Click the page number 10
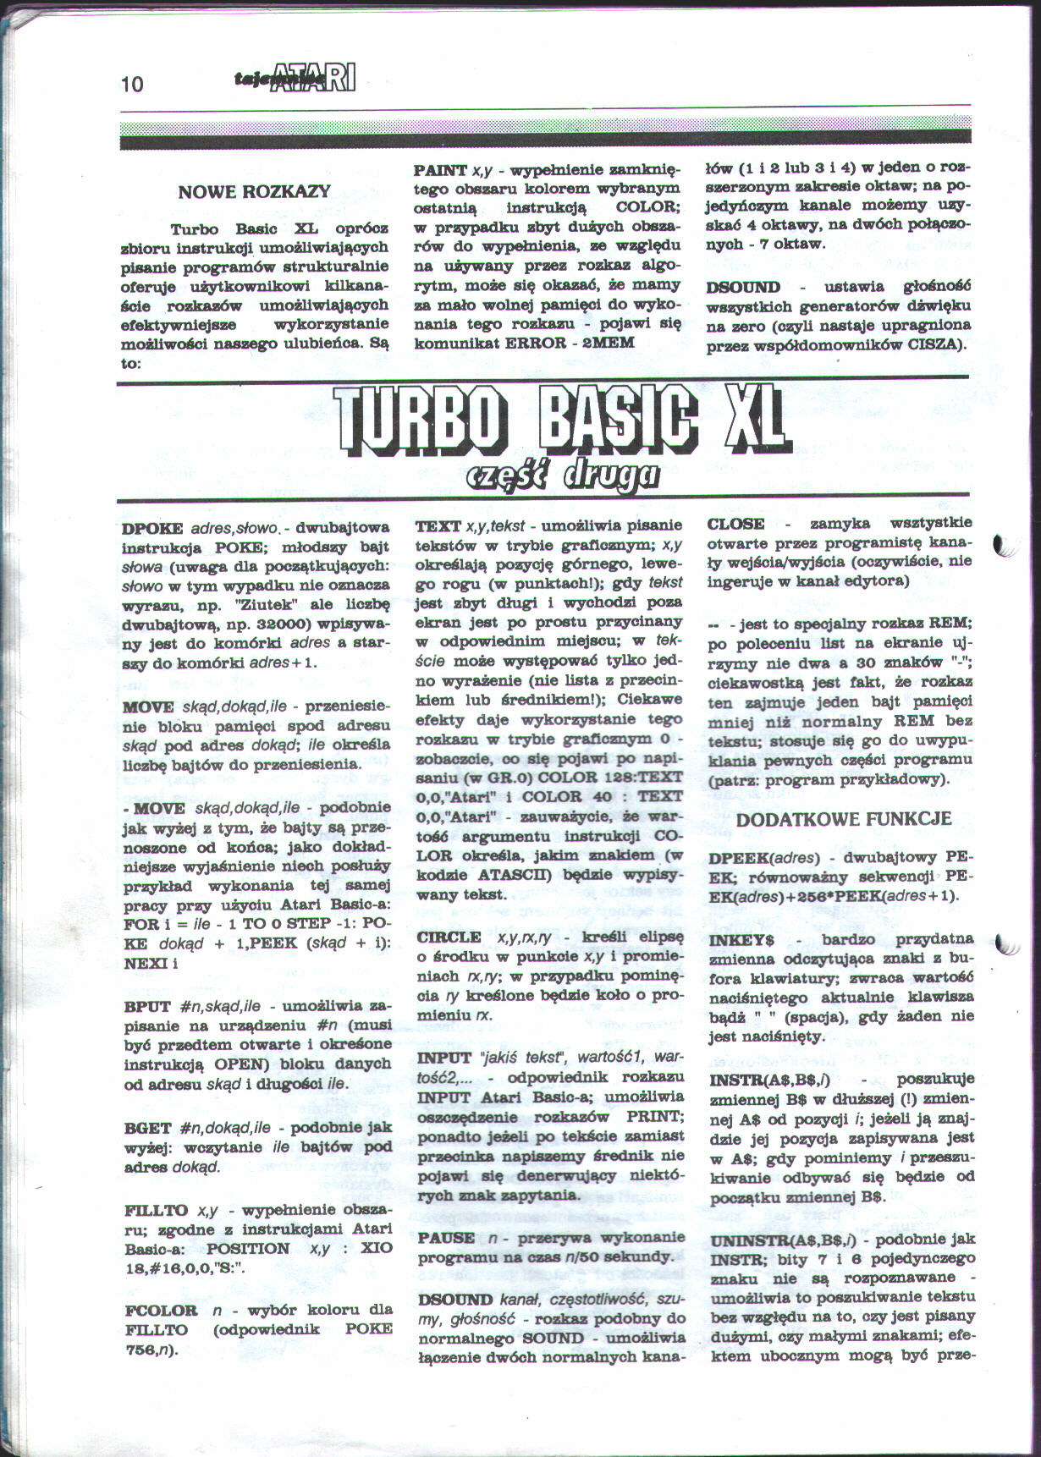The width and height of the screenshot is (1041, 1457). click(x=133, y=84)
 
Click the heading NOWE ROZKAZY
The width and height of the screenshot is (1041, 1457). click(x=254, y=192)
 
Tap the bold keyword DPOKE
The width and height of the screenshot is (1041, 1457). click(x=152, y=528)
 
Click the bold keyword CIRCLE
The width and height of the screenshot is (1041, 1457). click(x=449, y=937)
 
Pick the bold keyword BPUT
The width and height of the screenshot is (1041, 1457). click(x=147, y=1006)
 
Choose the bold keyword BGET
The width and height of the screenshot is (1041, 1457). click(x=147, y=1128)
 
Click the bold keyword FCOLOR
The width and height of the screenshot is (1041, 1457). click(x=161, y=1311)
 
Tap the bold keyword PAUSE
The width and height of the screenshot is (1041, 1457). click(x=445, y=1237)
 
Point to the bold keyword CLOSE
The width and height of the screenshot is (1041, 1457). click(x=735, y=524)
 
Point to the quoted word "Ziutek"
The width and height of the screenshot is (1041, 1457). click(x=271, y=605)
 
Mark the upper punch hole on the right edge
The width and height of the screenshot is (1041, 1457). click(x=1004, y=547)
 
